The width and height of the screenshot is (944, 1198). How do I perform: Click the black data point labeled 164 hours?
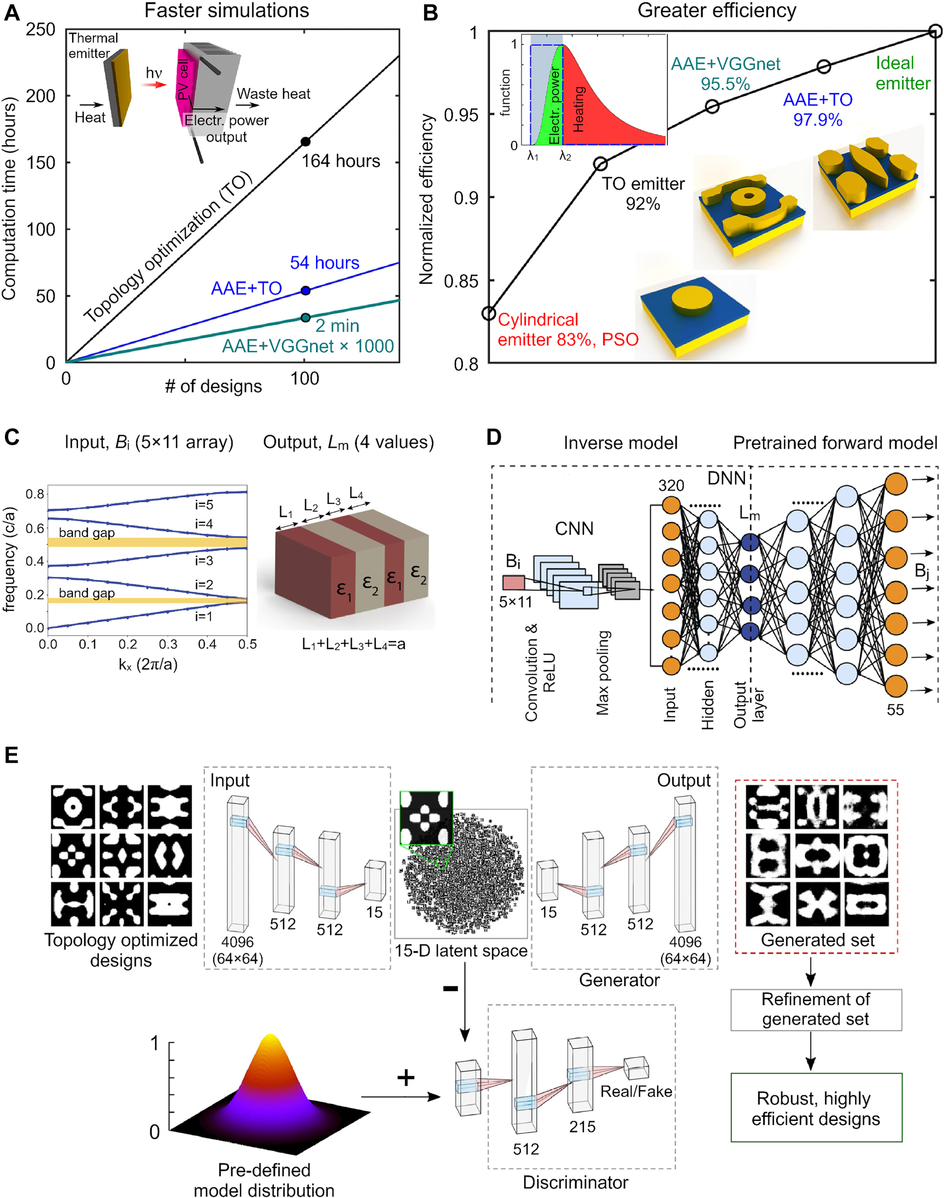[305, 142]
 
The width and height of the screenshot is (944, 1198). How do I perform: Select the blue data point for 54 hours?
[305, 290]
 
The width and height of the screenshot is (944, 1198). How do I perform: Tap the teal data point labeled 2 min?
[305, 317]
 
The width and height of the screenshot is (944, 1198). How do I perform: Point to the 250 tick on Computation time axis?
[40, 30]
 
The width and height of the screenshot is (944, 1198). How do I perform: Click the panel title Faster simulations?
[227, 10]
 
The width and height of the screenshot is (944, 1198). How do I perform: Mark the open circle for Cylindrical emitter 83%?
[489, 313]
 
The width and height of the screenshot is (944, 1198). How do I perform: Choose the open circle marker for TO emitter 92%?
[600, 164]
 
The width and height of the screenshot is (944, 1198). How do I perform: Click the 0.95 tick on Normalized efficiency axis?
[461, 114]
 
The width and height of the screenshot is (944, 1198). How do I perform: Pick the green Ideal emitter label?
[902, 73]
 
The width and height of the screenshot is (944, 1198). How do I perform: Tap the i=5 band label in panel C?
[203, 504]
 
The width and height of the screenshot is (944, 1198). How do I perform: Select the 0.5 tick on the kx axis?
[247, 644]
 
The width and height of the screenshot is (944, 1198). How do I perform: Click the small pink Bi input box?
[513, 583]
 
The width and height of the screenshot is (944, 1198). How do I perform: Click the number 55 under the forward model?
[895, 710]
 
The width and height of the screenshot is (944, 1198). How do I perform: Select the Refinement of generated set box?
[815, 1009]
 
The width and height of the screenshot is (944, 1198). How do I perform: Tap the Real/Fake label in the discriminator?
[636, 1091]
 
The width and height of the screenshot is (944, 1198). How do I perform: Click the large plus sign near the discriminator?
[406, 1078]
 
